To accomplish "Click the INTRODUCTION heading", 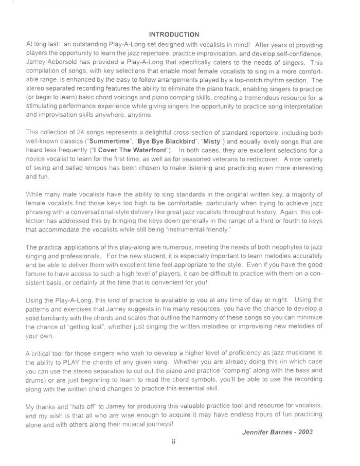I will [x=174, y=34].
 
